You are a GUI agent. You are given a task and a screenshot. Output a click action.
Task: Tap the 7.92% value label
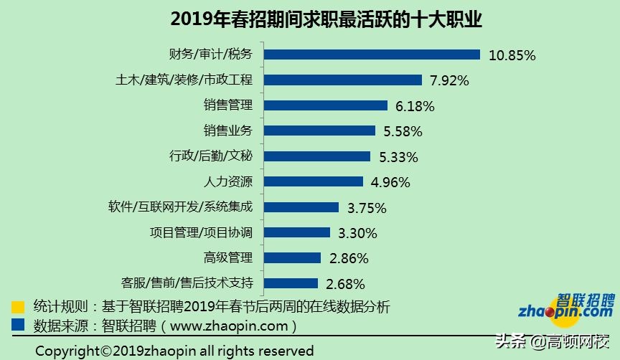click(449, 80)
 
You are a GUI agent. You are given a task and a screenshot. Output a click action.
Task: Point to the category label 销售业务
click(228, 131)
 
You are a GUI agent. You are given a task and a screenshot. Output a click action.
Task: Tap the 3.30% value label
click(357, 233)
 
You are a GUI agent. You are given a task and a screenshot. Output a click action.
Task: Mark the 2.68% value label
click(345, 284)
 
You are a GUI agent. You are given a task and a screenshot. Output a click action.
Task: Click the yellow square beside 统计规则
click(18, 307)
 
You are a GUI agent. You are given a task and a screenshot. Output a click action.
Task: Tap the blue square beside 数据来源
click(18, 325)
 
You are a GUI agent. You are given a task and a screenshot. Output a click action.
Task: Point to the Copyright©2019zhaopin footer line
click(174, 351)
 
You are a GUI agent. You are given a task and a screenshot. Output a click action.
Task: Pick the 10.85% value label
click(512, 55)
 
